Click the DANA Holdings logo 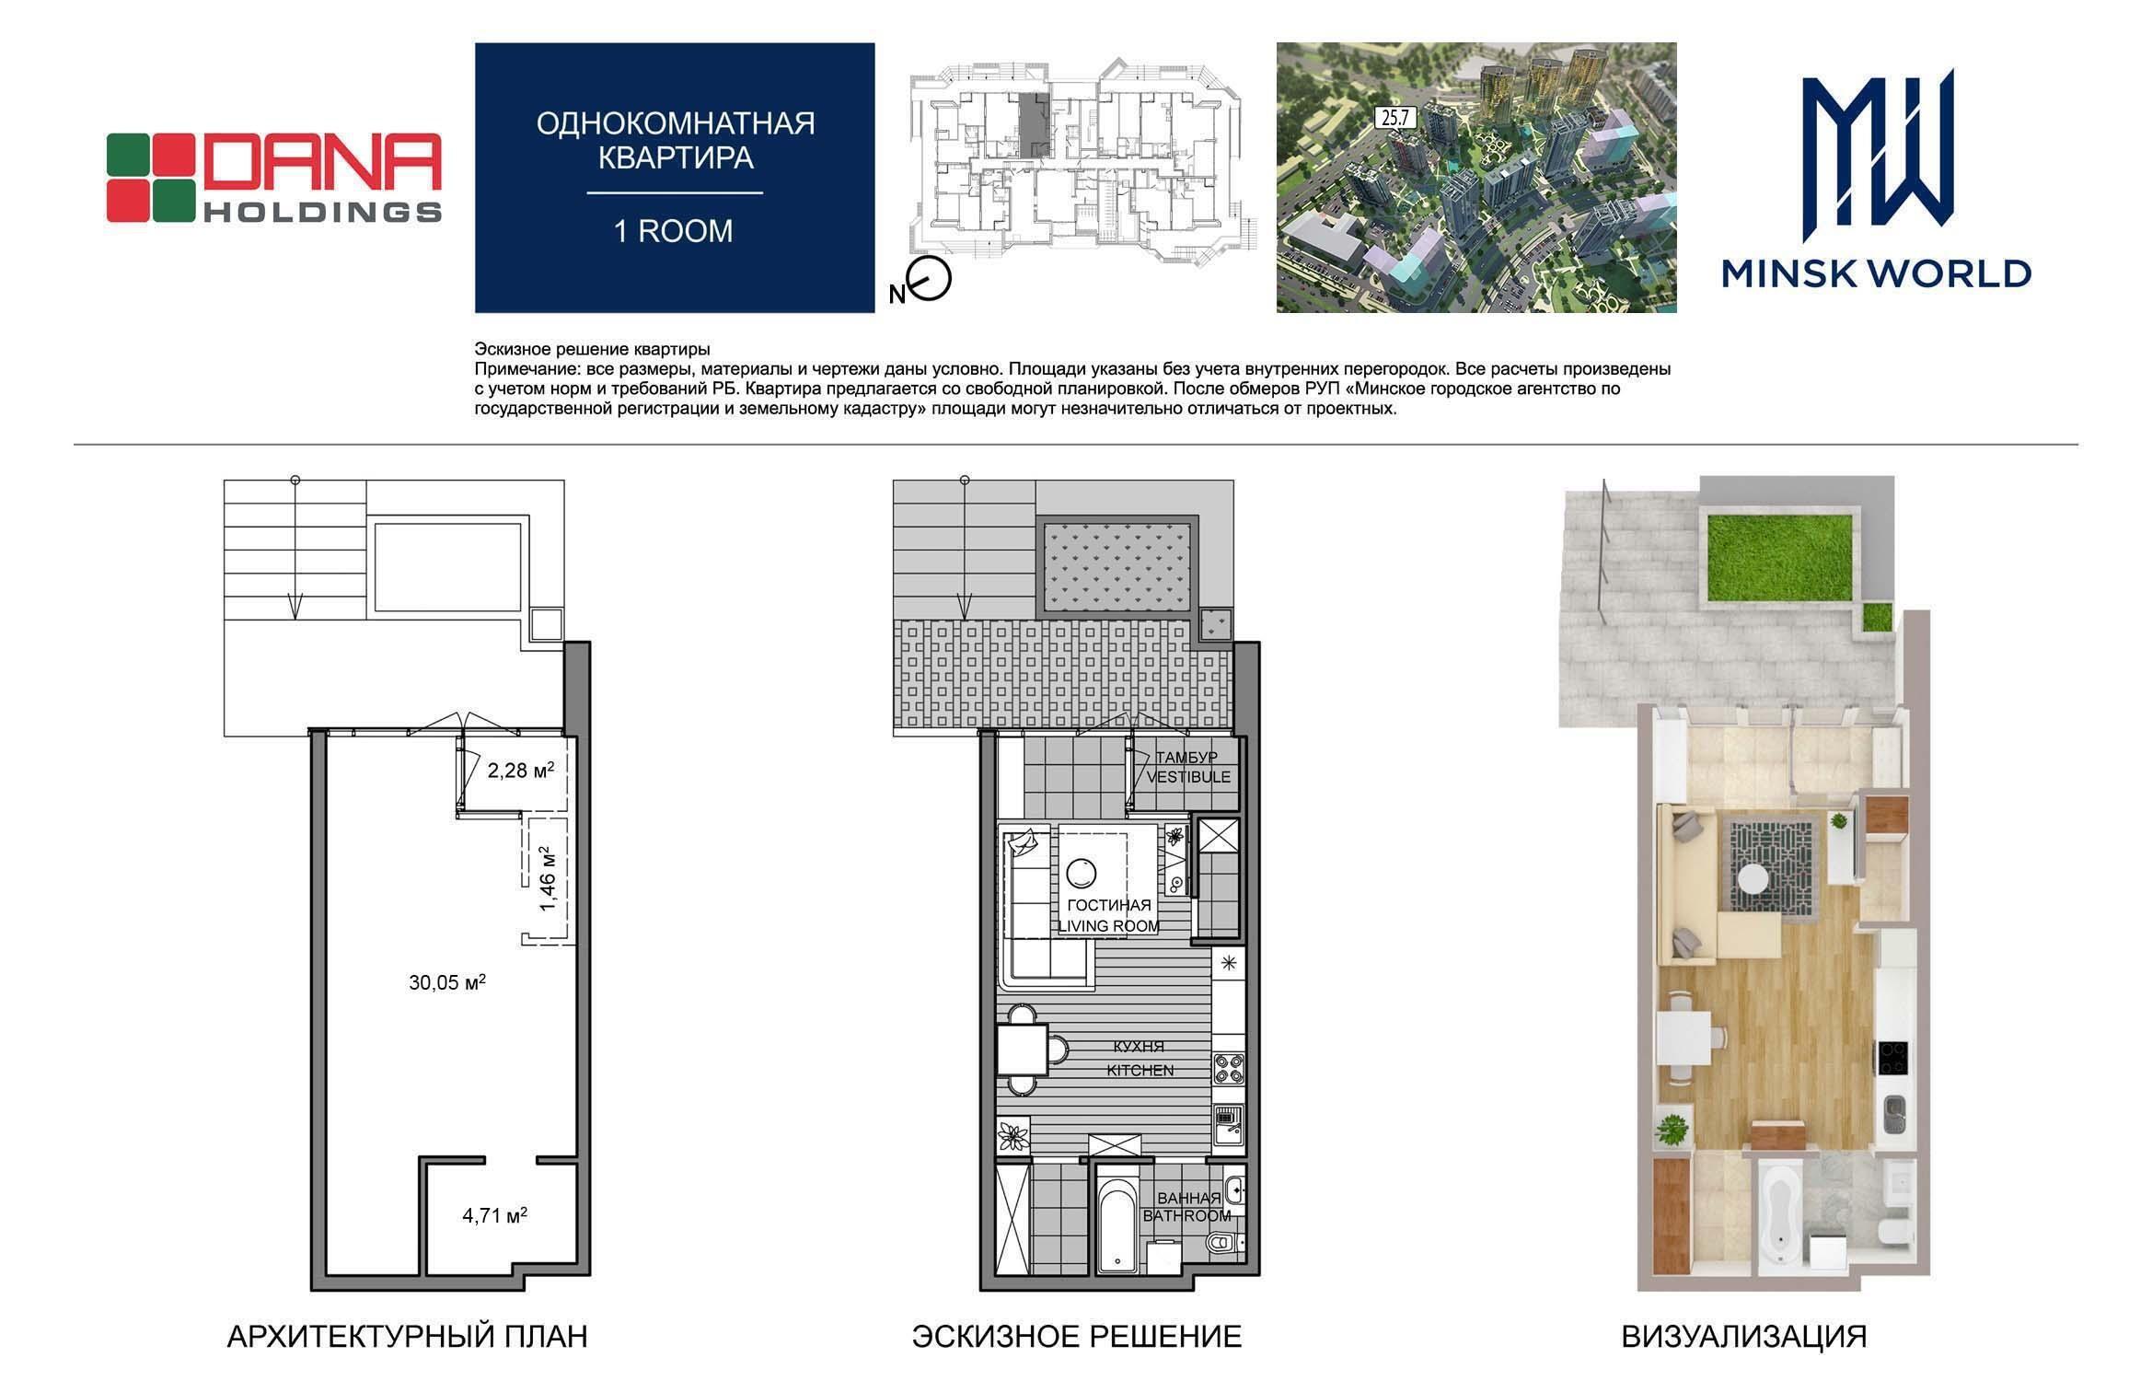coord(274,178)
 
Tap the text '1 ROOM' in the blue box coord(674,230)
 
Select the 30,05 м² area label coord(447,982)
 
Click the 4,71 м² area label coord(495,1215)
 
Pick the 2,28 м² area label coord(521,771)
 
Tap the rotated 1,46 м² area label coord(549,879)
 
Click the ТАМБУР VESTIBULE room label coord(1187,767)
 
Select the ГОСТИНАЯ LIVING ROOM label coord(1108,915)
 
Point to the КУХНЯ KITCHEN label coord(1140,1058)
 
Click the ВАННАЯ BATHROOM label coord(1187,1207)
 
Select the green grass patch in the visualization coord(1764,557)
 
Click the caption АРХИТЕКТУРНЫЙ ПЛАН coord(407,1336)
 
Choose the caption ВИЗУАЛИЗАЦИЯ coord(1744,1336)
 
